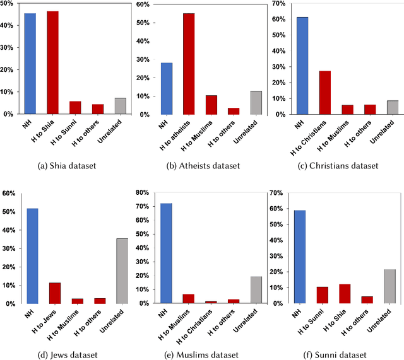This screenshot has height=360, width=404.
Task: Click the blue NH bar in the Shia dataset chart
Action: [x=30, y=63]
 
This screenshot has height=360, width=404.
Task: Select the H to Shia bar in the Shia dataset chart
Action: [x=52, y=62]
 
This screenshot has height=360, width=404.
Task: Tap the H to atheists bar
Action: [x=189, y=64]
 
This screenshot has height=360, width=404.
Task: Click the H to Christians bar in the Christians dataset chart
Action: [x=325, y=92]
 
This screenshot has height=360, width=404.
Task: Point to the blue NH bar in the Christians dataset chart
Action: [x=302, y=66]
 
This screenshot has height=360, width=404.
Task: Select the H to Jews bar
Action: [x=55, y=293]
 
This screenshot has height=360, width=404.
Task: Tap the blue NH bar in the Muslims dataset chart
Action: [x=166, y=253]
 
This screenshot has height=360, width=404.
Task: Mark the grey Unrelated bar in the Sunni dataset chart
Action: [x=372, y=286]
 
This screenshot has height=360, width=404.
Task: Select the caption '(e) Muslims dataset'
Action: [x=202, y=355]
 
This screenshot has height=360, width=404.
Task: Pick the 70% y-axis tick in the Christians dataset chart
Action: [x=275, y=4]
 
